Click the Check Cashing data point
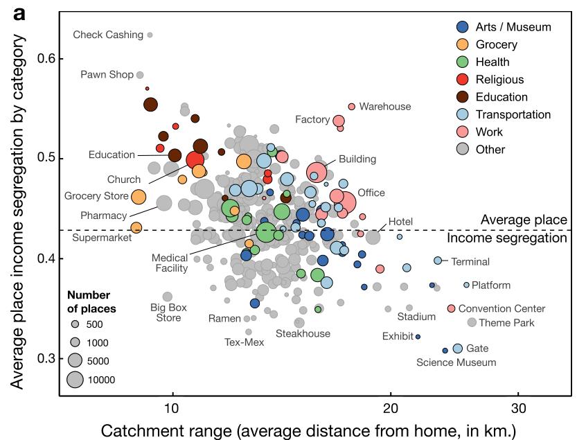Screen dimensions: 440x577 click(x=150, y=35)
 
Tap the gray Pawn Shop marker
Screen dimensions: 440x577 click(x=140, y=75)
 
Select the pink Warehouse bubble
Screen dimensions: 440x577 click(x=352, y=107)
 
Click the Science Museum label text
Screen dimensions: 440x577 click(x=456, y=362)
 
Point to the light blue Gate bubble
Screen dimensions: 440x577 click(x=458, y=349)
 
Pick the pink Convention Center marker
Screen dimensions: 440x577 click(x=451, y=308)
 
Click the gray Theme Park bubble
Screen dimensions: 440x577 click(x=472, y=322)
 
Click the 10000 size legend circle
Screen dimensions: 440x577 click(x=76, y=379)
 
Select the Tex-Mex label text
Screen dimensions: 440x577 click(x=245, y=342)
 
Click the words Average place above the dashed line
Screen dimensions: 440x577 click(x=524, y=220)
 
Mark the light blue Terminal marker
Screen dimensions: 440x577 click(x=438, y=261)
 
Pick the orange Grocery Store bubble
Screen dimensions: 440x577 click(x=139, y=197)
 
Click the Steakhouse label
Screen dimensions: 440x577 click(x=303, y=334)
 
